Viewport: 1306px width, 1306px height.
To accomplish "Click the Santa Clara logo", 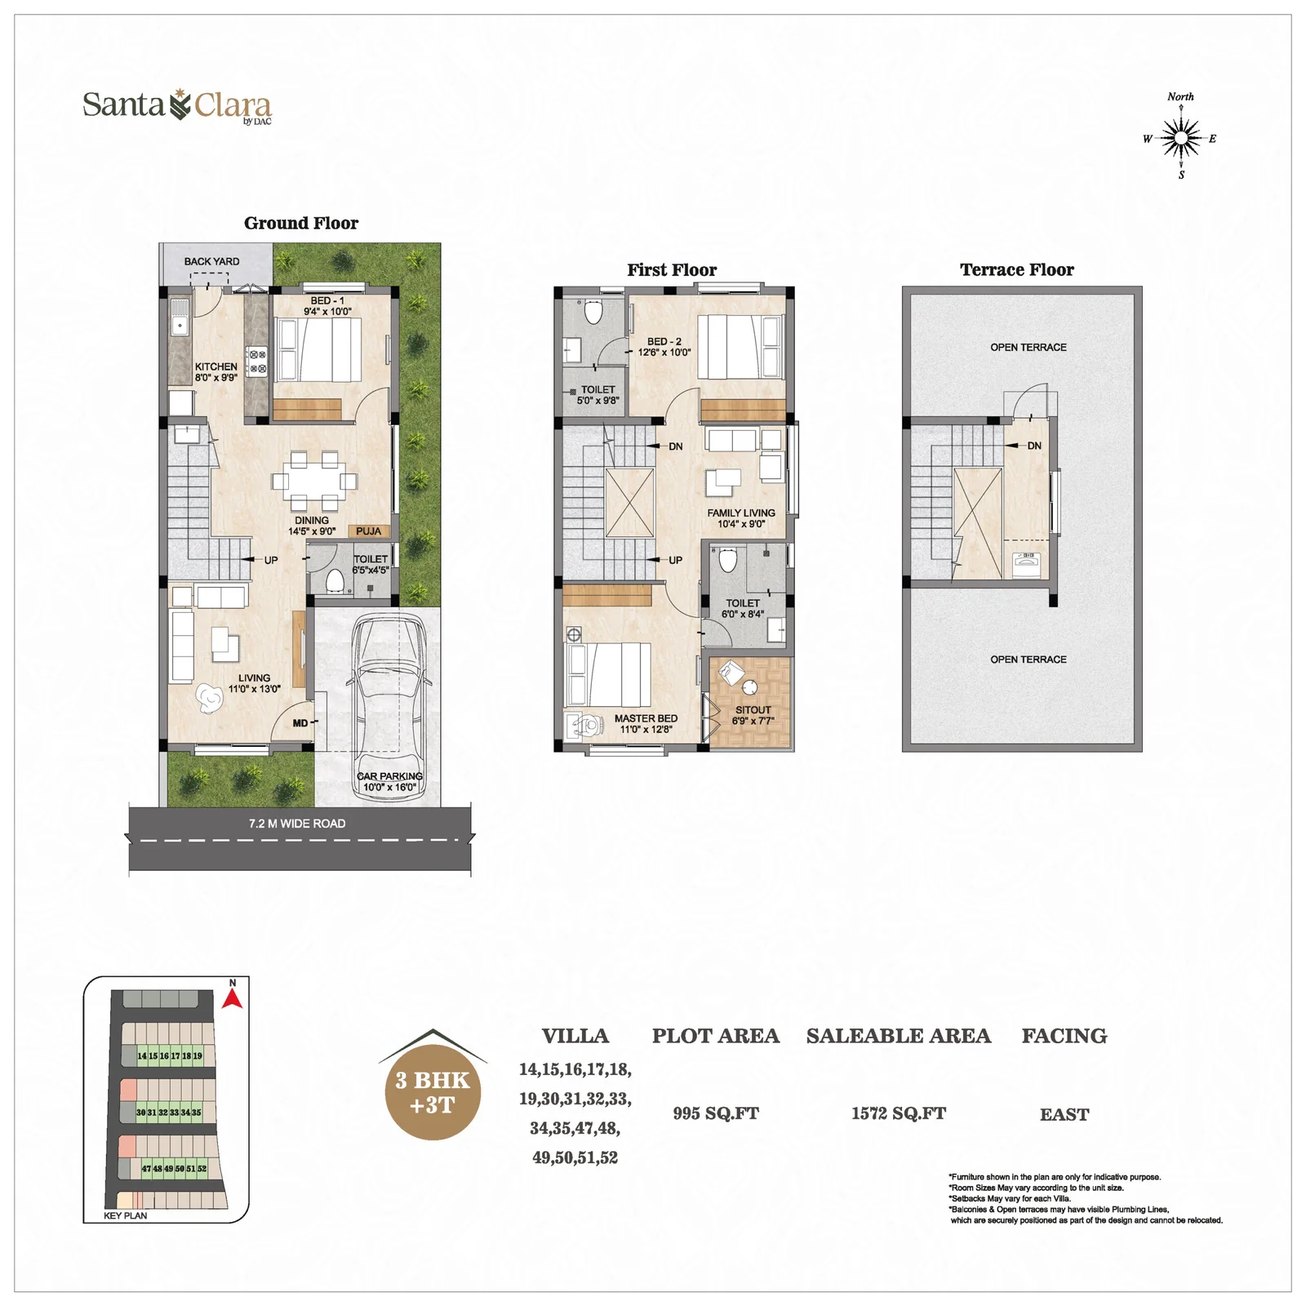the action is [177, 106].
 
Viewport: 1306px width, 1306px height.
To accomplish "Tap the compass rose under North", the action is [1180, 138].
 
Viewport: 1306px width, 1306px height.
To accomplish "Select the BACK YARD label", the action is [211, 261].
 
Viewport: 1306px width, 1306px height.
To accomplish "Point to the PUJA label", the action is [368, 531].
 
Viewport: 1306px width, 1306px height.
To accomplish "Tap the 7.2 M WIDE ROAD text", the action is [297, 824].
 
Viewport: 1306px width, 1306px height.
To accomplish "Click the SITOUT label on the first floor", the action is [753, 710].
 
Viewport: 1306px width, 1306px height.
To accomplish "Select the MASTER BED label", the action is [646, 718].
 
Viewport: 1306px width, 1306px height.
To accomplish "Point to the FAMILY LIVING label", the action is [741, 513].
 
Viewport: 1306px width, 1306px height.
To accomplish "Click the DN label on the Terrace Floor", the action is [1034, 446].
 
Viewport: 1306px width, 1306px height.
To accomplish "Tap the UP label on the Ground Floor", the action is [271, 560].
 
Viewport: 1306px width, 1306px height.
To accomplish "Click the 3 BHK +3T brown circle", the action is [433, 1092].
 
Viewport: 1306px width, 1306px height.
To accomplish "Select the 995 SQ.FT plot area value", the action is [716, 1113].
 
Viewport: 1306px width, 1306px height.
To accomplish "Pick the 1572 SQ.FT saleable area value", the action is [899, 1113].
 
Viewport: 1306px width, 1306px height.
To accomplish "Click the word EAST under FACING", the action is [1064, 1114].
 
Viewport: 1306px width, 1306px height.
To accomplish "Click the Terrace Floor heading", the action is [1017, 269].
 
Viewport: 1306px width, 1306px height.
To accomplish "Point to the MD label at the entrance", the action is [300, 723].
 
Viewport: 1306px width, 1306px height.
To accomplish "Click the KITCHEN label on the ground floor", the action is [216, 366].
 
